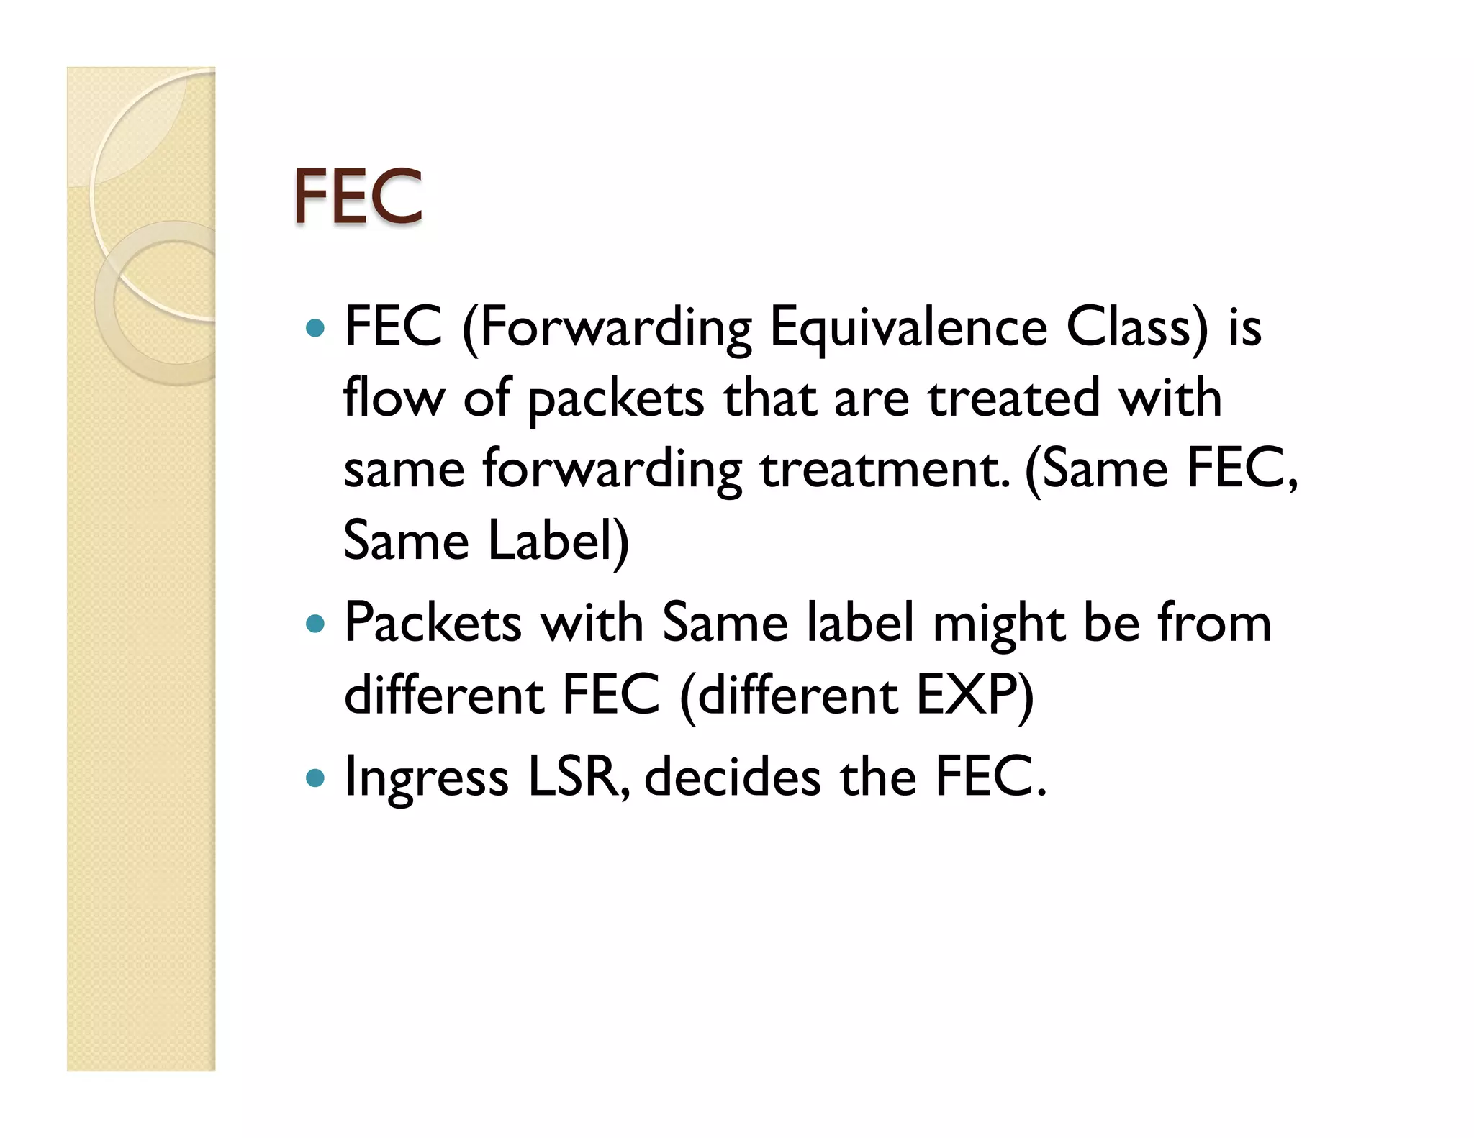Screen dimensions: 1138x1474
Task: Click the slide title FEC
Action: pyautogui.click(x=357, y=196)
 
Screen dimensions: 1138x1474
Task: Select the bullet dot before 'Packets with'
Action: pyautogui.click(x=315, y=623)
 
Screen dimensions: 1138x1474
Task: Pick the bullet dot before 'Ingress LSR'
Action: pyautogui.click(x=315, y=778)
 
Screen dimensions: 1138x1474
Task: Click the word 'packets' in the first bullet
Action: pyautogui.click(x=615, y=400)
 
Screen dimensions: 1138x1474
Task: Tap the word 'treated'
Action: pyautogui.click(x=1014, y=399)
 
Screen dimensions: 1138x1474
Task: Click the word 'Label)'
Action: pyautogui.click(x=559, y=541)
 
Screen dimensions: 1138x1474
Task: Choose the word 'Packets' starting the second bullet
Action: pyautogui.click(x=433, y=623)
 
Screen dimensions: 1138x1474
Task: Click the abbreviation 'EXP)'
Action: pyautogui.click(x=975, y=696)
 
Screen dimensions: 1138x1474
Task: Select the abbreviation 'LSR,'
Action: pyautogui.click(x=579, y=778)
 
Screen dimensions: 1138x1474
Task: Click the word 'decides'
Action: pyautogui.click(x=733, y=778)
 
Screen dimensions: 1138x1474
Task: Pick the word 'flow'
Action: pyautogui.click(x=394, y=399)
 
